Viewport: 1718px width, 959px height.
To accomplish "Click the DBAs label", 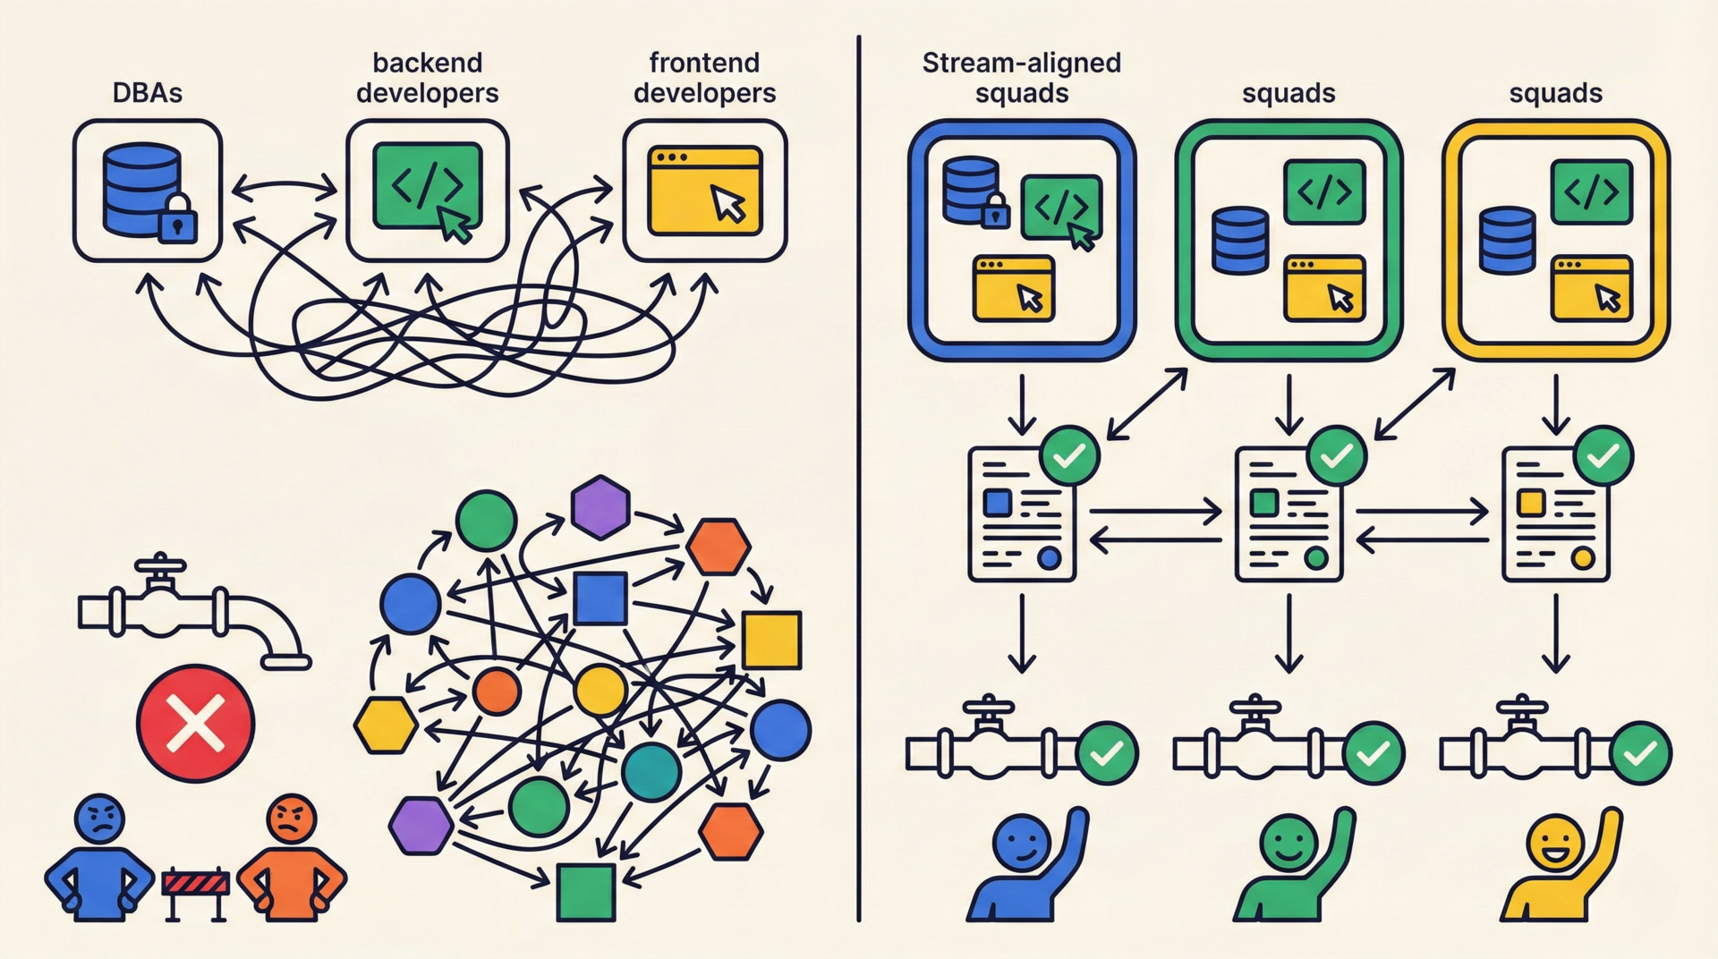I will pos(147,93).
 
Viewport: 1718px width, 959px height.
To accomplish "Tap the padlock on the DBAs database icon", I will pos(177,218).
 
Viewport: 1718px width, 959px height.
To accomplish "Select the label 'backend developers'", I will pos(427,78).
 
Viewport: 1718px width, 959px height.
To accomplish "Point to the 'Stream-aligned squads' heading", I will pos(1021,78).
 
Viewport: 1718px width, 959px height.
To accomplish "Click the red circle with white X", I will pos(195,723).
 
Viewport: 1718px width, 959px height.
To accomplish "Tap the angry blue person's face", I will pos(101,818).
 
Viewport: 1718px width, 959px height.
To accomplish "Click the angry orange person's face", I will pos(291,818).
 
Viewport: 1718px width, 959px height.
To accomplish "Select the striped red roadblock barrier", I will pos(196,885).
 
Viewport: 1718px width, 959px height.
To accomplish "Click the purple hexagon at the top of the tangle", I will pos(600,507).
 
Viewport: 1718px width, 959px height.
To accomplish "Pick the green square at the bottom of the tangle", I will pos(586,892).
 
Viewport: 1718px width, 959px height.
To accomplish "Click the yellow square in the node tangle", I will pos(771,640).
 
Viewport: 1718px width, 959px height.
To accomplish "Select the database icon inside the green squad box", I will pos(1239,240).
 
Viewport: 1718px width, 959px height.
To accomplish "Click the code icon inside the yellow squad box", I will pos(1592,191).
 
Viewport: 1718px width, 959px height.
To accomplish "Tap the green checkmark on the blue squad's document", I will pos(1069,456).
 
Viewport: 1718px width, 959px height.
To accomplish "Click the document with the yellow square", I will pos(1555,515).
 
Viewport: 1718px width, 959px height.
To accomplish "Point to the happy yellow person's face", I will pos(1555,842).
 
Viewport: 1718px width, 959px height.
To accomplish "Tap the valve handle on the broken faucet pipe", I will pos(160,565).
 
